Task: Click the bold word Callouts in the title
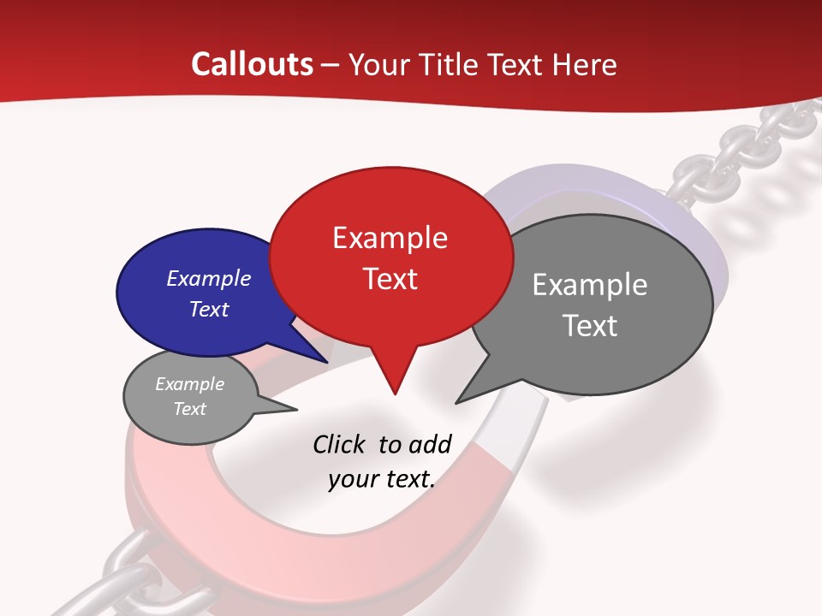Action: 253,64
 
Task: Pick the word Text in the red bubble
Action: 390,278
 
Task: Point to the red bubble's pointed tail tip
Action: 395,394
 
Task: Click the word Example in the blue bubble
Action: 208,278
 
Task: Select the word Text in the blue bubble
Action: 208,309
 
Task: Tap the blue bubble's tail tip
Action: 328,363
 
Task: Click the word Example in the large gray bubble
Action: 590,284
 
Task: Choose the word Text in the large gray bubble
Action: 590,326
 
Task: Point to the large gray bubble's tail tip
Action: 456,403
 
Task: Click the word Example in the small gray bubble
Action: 189,384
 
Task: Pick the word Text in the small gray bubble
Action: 189,409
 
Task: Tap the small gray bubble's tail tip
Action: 296,410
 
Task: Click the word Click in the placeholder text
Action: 339,444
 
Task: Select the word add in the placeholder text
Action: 430,444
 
